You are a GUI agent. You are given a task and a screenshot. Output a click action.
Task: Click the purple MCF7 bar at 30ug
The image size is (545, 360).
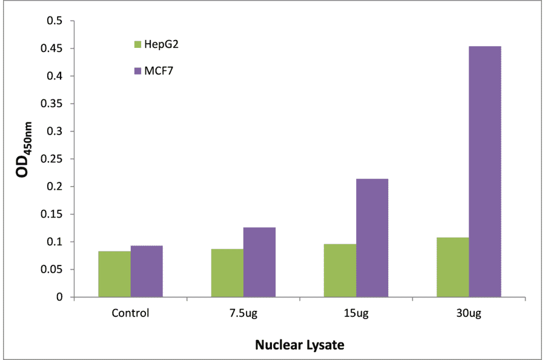[484, 172]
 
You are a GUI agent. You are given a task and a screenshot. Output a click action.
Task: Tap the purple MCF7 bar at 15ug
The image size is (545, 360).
[372, 238]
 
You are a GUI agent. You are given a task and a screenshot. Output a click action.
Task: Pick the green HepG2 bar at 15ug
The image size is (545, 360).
[340, 270]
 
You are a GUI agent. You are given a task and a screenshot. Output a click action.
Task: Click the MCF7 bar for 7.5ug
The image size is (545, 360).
[259, 262]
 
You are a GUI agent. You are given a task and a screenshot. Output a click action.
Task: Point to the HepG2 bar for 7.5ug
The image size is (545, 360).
[227, 273]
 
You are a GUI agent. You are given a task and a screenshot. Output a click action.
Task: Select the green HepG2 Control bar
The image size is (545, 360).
[114, 274]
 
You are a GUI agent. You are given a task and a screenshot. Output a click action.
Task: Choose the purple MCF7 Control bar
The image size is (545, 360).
[147, 271]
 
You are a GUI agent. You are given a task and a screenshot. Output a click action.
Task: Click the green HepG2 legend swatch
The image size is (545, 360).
[137, 44]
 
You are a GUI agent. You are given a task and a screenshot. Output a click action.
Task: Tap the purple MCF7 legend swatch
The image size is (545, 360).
[137, 71]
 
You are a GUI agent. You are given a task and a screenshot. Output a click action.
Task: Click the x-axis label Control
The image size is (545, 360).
[130, 313]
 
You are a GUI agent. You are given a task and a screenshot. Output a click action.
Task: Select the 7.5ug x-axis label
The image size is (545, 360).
[243, 313]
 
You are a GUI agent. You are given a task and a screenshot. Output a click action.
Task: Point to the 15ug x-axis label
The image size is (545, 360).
[355, 313]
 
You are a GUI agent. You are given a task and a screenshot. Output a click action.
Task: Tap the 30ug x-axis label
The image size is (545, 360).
[468, 313]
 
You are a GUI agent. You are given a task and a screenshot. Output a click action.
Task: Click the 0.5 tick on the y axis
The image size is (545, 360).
[54, 21]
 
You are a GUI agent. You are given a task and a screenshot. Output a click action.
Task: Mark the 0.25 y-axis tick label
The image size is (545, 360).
[51, 159]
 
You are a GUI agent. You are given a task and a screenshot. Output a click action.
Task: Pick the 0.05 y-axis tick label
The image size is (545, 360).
[51, 270]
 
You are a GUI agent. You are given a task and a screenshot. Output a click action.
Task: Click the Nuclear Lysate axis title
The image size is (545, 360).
[299, 345]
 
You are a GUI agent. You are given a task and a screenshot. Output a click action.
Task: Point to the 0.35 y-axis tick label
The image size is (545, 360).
[51, 104]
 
